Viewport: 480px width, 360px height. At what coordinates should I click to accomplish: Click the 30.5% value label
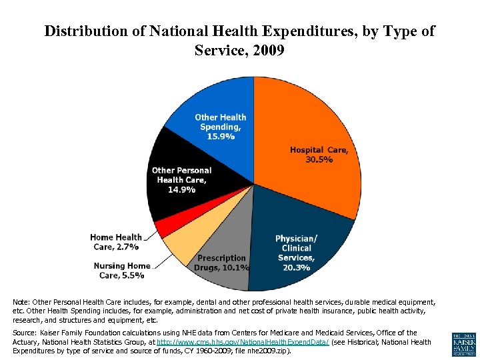319,160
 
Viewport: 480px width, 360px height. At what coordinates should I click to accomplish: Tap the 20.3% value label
296,267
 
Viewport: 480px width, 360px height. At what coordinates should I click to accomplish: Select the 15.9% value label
220,137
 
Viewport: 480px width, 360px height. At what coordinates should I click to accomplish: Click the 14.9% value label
181,189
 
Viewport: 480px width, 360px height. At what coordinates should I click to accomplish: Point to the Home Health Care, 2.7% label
115,242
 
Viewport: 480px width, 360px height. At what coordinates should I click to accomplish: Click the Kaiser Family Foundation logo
463,343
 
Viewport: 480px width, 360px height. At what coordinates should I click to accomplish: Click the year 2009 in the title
267,50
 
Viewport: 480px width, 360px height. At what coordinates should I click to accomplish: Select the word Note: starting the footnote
23,302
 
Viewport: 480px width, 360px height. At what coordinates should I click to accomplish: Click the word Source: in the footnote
25,333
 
